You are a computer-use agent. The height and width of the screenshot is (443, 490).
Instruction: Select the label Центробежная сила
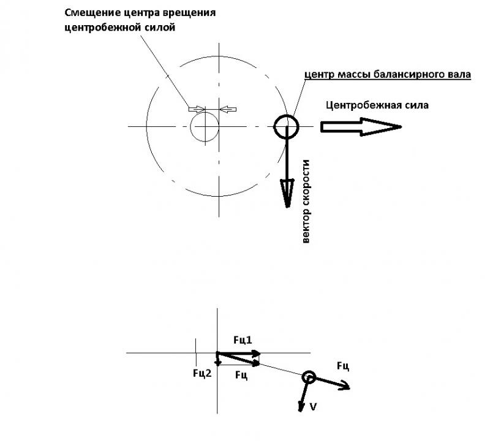pos(377,105)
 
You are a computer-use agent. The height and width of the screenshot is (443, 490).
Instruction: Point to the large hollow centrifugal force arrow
pos(361,127)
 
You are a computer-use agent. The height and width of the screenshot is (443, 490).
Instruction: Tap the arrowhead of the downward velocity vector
pos(287,193)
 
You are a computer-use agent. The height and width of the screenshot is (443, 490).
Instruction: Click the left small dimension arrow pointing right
pos(197,109)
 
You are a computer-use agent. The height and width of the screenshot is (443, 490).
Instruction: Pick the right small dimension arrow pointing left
pos(228,109)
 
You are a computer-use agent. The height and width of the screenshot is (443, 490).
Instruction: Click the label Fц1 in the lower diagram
pos(243,340)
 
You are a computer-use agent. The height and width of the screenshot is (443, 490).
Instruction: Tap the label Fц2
pos(202,373)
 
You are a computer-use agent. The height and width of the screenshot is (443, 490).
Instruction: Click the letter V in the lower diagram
pos(313,407)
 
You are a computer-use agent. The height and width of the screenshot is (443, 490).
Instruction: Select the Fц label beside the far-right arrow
pos(343,366)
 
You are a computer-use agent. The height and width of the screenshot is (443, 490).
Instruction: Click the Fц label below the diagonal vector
pos(241,375)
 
